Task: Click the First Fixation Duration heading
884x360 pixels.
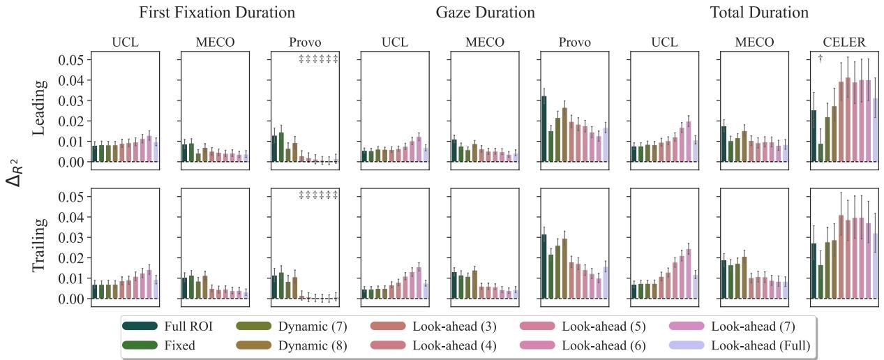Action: (x=216, y=13)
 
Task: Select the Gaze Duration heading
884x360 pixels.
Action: (x=485, y=13)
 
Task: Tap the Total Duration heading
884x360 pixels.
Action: (x=759, y=13)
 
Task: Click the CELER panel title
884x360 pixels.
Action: (x=844, y=43)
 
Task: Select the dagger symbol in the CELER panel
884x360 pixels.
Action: (x=821, y=59)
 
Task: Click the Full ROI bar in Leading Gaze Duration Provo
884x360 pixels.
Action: (x=544, y=129)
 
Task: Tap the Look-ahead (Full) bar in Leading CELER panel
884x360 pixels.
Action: (x=875, y=130)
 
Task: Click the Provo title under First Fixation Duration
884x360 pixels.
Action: (x=304, y=43)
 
